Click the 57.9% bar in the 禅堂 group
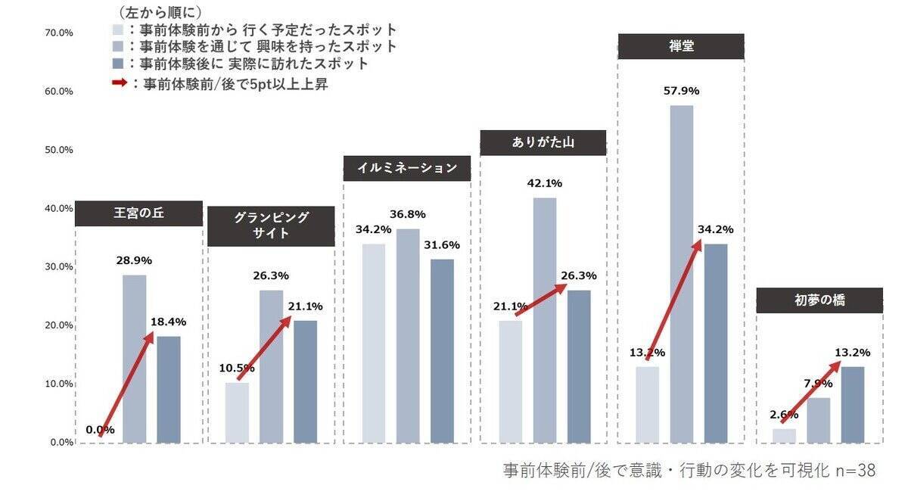pos(682,272)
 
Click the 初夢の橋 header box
pos(819,300)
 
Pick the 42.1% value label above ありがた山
pos(544,184)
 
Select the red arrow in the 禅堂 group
pos(673,300)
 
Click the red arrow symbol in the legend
pos(118,84)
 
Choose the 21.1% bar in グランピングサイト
pos(306,381)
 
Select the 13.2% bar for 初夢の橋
pos(853,404)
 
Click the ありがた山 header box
pos(543,143)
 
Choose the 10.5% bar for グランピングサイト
pos(237,412)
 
